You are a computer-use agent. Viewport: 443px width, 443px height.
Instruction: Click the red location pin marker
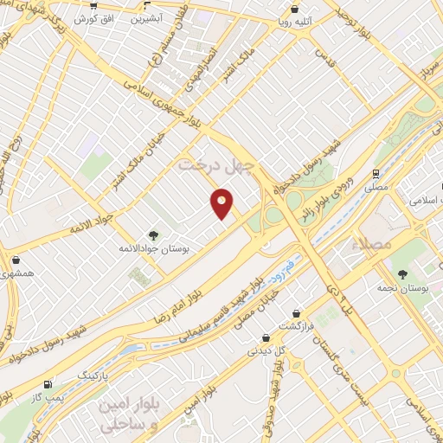221,204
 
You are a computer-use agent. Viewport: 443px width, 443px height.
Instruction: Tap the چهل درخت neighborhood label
213,164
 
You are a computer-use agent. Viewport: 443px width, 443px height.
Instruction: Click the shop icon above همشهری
16,260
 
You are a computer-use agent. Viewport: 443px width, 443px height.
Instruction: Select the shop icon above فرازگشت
299,312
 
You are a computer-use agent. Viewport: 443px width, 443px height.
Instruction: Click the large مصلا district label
374,245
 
